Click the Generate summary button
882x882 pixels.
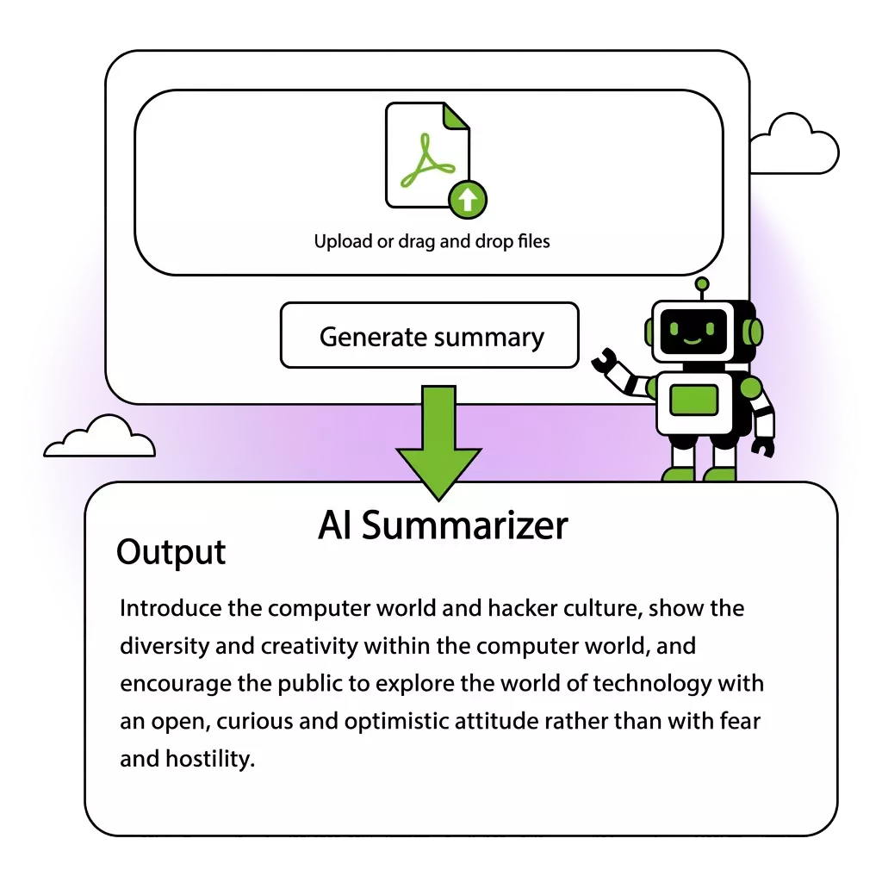pos(429,336)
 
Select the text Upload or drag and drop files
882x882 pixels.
pos(432,241)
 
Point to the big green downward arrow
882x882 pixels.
pos(438,448)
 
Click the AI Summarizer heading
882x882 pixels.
pos(443,525)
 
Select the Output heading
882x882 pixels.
pos(171,552)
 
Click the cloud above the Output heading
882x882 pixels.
pos(100,439)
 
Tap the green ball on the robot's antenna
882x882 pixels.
pos(702,283)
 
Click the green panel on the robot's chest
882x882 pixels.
pos(694,399)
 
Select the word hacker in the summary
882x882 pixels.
pos(522,608)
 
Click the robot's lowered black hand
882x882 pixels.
pos(762,446)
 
